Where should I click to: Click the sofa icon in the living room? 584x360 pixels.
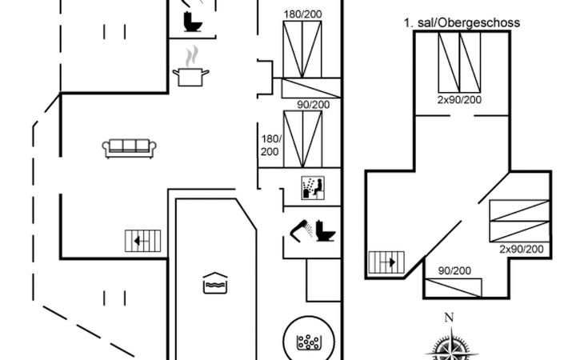130,149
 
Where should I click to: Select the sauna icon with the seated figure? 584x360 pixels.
313,188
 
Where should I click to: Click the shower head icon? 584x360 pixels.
302,230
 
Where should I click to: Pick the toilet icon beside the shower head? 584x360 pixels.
326,231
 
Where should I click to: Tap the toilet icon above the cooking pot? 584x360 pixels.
193,22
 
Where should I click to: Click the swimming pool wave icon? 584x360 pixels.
215,283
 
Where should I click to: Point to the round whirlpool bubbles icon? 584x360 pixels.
309,341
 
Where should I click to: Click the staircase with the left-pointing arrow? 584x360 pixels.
142,241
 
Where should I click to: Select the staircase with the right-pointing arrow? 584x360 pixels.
386,262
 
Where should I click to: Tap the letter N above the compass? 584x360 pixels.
449,318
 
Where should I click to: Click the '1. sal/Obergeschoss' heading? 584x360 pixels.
462,22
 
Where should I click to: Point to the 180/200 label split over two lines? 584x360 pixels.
270,145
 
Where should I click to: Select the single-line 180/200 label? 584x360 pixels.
303,14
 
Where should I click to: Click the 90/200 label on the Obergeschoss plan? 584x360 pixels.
454,270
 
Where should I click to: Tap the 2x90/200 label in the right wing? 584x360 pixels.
522,249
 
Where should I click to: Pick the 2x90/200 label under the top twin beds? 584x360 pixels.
459,100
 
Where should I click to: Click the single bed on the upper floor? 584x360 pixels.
454,288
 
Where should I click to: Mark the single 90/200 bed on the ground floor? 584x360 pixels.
311,88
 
